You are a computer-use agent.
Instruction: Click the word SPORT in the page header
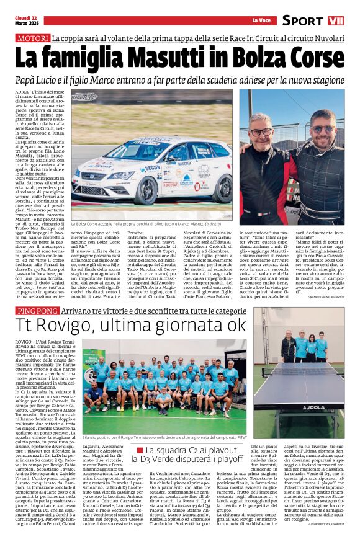303,20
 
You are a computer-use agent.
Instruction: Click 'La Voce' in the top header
259,20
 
